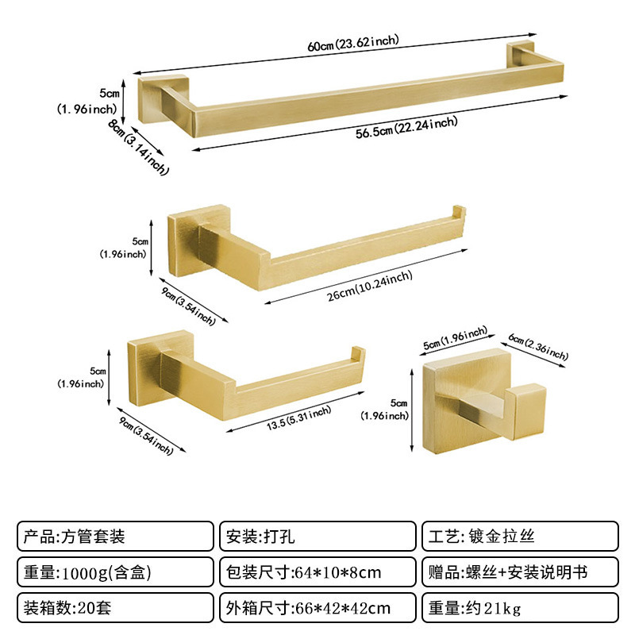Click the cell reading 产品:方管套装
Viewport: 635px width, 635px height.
(x=115, y=536)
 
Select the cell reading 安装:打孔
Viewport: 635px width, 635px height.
(x=317, y=536)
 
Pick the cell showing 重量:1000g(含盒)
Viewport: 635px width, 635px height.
(x=115, y=571)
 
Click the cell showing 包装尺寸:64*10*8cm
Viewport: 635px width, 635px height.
(x=317, y=571)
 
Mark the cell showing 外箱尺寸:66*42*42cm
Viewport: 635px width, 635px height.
(x=317, y=608)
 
